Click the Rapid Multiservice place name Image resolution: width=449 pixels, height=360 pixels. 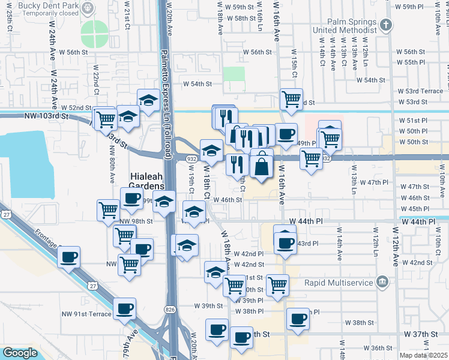pos(339,283)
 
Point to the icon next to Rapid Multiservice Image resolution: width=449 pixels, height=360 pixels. pos(382,282)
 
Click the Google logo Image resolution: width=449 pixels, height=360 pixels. pos(20,353)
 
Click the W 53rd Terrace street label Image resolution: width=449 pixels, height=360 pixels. pos(424,91)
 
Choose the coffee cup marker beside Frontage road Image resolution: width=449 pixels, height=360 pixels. pos(69,257)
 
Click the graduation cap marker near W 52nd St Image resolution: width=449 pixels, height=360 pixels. pos(148,100)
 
